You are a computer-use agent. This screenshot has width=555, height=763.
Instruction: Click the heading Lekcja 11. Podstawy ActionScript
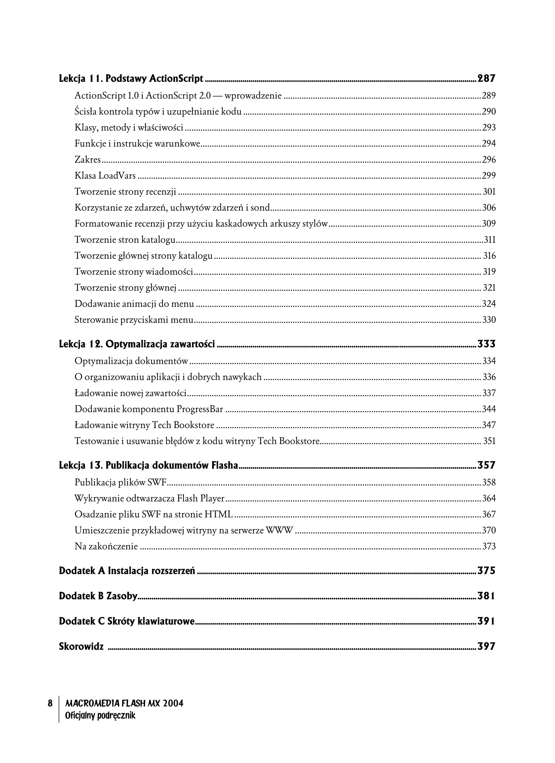[131, 79]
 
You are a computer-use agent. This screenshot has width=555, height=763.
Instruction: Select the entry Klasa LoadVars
[105, 176]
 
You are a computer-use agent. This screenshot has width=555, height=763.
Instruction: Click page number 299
[489, 176]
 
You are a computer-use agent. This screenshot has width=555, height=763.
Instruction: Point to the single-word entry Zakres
[88, 160]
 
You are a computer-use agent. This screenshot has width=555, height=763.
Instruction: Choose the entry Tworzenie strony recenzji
[125, 192]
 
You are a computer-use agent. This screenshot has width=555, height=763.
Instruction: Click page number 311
[490, 240]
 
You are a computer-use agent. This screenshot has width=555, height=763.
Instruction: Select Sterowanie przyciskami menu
[134, 320]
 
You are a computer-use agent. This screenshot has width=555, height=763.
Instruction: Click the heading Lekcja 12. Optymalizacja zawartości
[137, 344]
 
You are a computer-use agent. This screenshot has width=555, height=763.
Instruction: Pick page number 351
[489, 441]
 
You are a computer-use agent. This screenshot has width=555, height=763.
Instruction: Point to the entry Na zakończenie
[106, 546]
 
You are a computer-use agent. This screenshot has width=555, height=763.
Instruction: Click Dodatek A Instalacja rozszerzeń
[127, 571]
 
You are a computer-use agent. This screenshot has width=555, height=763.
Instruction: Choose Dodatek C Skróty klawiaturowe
[127, 621]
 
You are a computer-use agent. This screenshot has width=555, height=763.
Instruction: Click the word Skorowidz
[81, 646]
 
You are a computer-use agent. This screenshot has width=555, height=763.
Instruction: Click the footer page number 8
[50, 703]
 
